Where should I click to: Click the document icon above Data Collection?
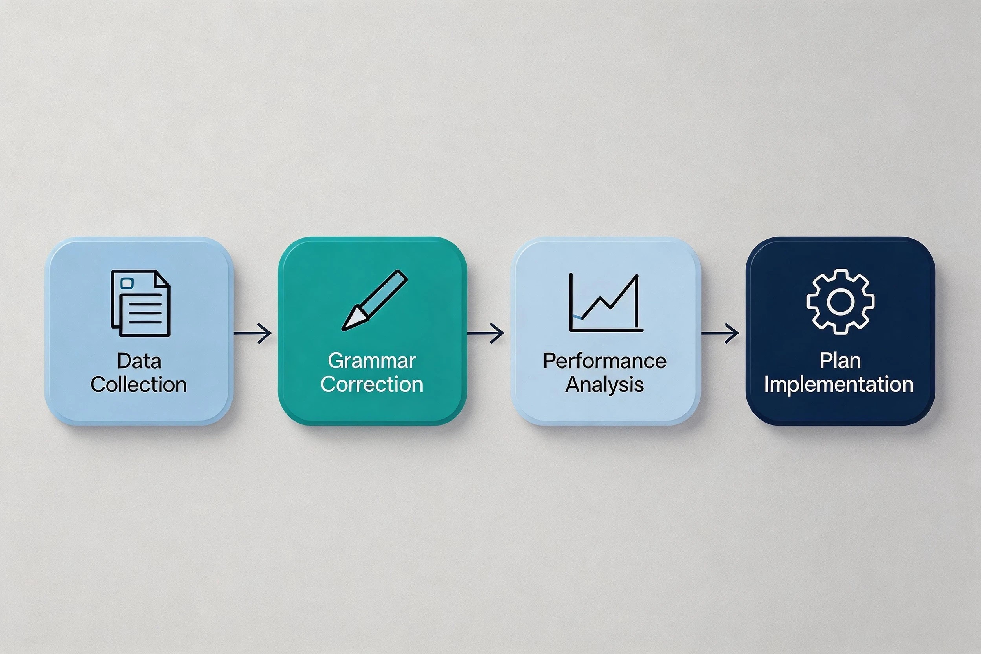[x=141, y=303]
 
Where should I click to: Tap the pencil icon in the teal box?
[x=374, y=300]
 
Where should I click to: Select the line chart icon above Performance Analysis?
[x=606, y=302]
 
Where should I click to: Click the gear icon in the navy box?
[x=840, y=301]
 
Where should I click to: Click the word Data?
[x=139, y=361]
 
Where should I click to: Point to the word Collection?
[x=138, y=384]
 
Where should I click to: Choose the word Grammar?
[x=372, y=361]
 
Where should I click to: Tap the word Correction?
[x=372, y=384]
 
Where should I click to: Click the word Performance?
[x=605, y=361]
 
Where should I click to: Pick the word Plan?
[x=840, y=361]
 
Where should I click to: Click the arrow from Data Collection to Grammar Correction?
[x=253, y=333]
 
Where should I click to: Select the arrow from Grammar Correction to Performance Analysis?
[x=486, y=333]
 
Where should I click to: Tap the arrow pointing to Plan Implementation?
[x=720, y=333]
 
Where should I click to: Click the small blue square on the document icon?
[x=127, y=284]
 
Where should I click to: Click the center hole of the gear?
[x=840, y=301]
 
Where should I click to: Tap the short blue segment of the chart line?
[x=577, y=318]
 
